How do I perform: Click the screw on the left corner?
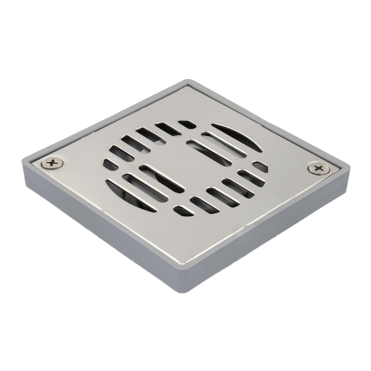(52, 163)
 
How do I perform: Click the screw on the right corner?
(319, 168)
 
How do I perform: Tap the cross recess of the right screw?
(319, 168)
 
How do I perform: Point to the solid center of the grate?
(185, 163)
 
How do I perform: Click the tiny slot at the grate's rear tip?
(187, 124)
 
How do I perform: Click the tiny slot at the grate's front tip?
(183, 211)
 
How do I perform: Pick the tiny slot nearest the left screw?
(110, 164)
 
